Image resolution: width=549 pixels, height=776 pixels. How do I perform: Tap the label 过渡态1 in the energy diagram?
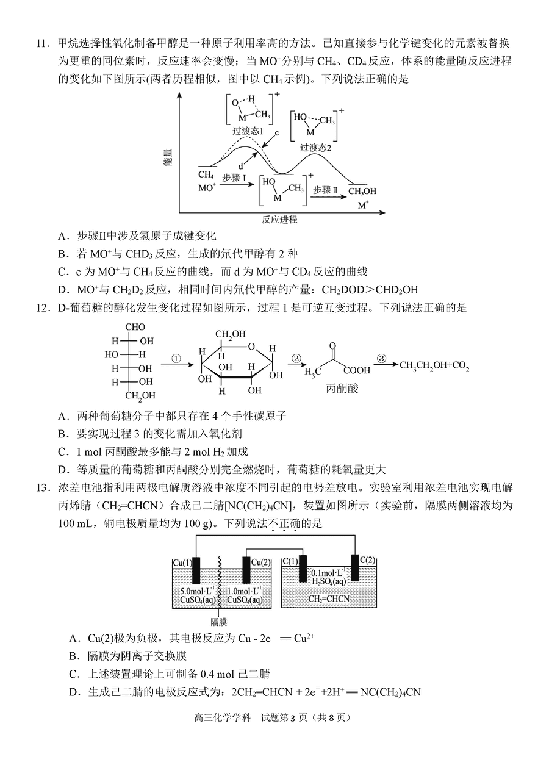click(x=248, y=131)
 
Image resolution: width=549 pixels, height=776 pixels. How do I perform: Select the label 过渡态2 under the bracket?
click(x=315, y=148)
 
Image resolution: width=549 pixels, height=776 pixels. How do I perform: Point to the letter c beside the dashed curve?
click(x=277, y=133)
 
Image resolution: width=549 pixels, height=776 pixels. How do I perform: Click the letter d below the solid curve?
click(x=240, y=167)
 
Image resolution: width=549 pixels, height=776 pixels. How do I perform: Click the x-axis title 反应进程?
click(x=279, y=219)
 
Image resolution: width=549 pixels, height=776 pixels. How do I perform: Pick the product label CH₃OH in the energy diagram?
click(x=362, y=191)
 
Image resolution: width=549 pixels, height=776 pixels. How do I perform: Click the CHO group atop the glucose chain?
click(x=135, y=326)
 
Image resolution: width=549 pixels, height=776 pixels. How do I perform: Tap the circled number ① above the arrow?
click(x=176, y=359)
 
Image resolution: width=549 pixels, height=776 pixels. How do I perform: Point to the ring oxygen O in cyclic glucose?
click(x=252, y=347)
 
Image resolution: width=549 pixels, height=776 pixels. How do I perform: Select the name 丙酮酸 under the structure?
click(x=342, y=389)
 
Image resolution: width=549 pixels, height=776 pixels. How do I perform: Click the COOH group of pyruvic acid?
click(x=357, y=370)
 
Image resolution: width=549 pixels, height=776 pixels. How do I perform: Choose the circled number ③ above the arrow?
click(x=381, y=358)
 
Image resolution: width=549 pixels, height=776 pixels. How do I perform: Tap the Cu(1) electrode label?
click(x=182, y=562)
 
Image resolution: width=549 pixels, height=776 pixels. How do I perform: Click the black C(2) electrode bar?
click(x=355, y=567)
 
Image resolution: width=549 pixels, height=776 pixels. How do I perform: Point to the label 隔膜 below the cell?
click(x=219, y=622)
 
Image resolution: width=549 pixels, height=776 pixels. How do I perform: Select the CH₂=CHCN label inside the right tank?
click(x=329, y=598)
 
